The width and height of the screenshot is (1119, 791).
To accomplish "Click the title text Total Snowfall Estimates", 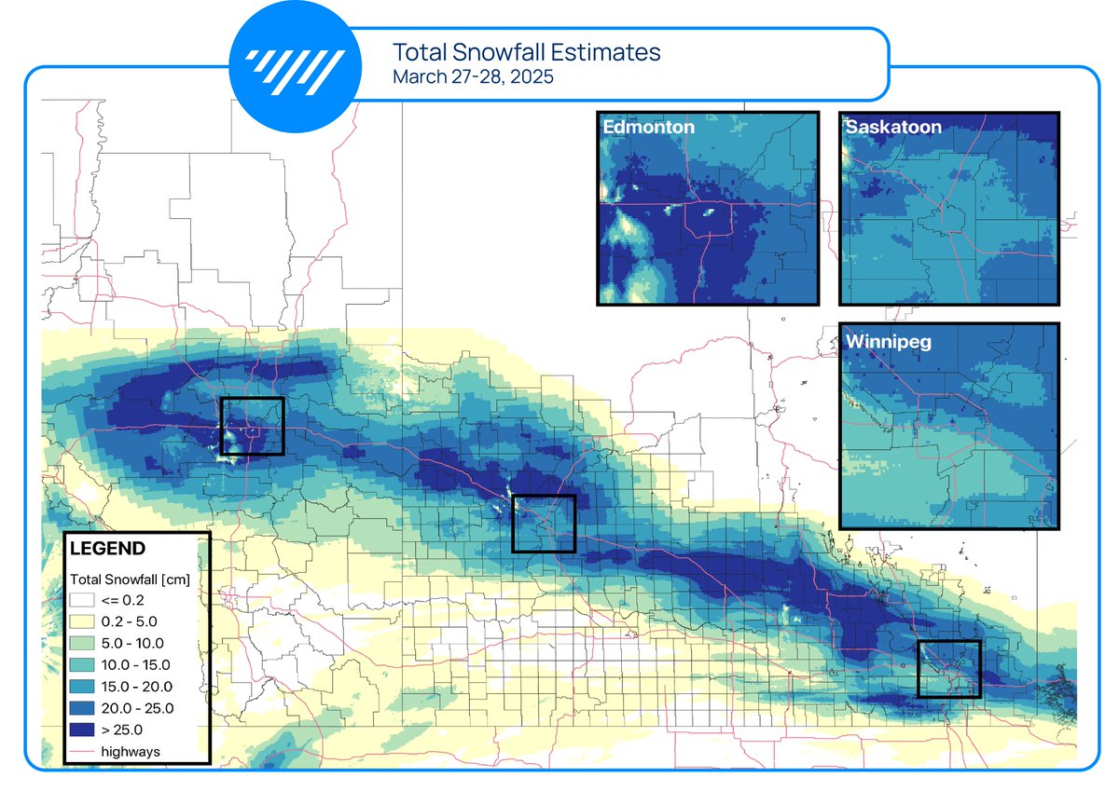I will pyautogui.click(x=526, y=51).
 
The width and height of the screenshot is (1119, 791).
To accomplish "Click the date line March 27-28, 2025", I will pyautogui.click(x=473, y=76).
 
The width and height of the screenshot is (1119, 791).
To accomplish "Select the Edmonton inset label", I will pyautogui.click(x=648, y=127).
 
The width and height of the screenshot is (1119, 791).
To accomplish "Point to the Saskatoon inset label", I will pyautogui.click(x=893, y=127).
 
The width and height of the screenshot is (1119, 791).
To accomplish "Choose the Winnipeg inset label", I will pyautogui.click(x=889, y=342).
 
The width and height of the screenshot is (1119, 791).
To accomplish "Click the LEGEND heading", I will pyautogui.click(x=107, y=548).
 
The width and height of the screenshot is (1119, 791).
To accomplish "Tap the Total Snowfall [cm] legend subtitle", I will pyautogui.click(x=130, y=580).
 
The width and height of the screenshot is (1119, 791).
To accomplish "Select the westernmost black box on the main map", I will pyautogui.click(x=252, y=426).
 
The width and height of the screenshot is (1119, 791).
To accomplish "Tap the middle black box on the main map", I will pyautogui.click(x=545, y=524).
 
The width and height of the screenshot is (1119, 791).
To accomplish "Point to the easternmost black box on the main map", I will pyautogui.click(x=949, y=669).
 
